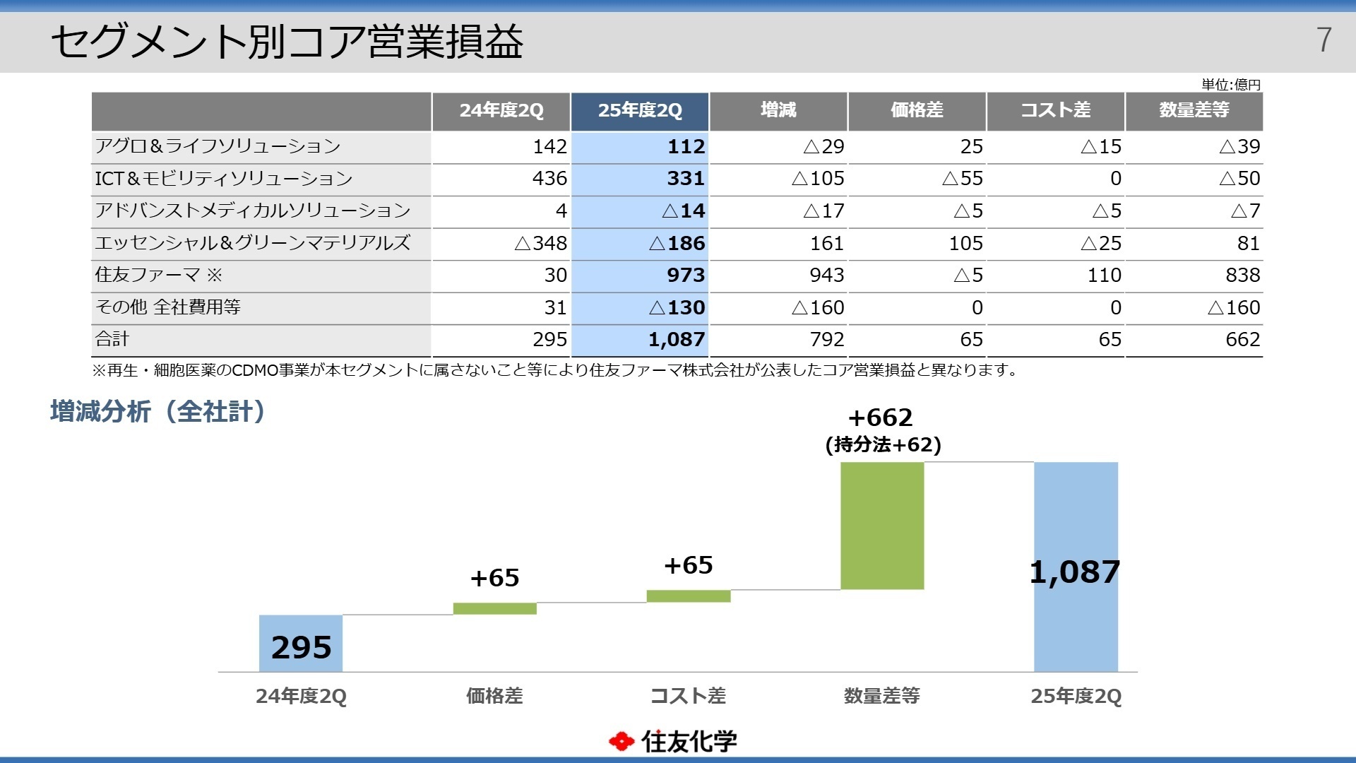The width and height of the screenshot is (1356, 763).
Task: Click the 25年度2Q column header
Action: pos(640,111)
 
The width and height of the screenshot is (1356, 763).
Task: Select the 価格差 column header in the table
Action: pos(917,111)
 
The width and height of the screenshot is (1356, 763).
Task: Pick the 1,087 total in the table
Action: pos(677,340)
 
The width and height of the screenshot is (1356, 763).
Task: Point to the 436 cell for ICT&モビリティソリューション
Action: pos(549,179)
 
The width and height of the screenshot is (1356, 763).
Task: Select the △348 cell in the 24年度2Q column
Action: pos(541,244)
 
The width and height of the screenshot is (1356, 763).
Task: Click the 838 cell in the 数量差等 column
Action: pos(1242,276)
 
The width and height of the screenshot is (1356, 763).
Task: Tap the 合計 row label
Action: pos(112,339)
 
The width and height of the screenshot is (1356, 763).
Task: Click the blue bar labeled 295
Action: pos(301,644)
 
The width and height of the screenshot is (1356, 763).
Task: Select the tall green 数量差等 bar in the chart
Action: pos(882,526)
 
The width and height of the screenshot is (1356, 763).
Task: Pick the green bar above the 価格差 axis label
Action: pos(494,608)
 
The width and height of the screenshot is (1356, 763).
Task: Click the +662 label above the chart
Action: pos(881,418)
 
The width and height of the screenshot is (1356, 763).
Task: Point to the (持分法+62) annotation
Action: pos(883,445)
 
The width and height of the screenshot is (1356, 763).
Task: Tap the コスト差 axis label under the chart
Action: pos(688,696)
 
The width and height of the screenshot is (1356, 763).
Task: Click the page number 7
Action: pos(1324,40)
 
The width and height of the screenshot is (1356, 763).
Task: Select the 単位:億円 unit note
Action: pos(1231,85)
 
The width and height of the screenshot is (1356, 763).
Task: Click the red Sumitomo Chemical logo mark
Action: pos(621,741)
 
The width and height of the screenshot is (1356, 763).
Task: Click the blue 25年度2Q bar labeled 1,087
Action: pos(1076,622)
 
